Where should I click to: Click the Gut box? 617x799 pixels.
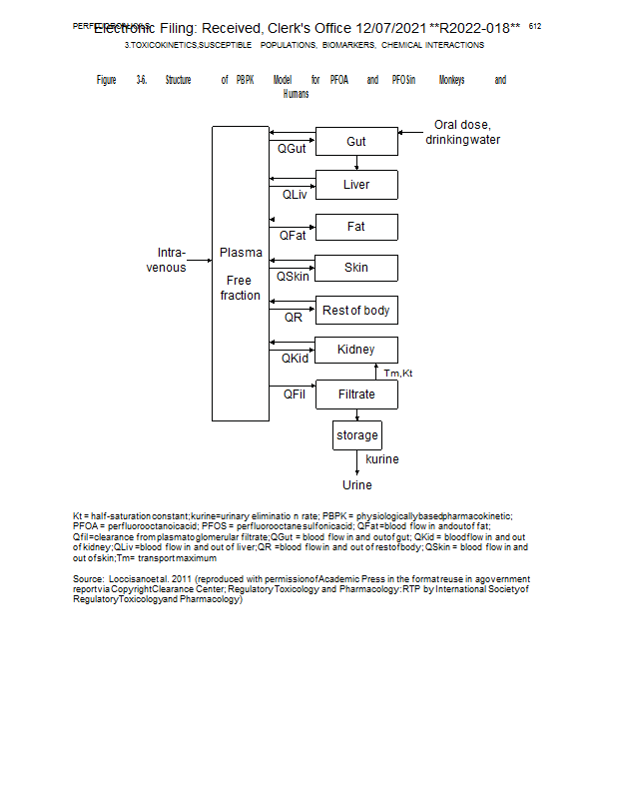click(356, 142)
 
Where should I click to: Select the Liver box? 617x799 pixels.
click(356, 185)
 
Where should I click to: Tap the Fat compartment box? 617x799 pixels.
click(356, 227)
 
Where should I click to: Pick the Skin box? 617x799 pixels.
click(356, 268)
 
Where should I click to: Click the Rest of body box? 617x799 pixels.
click(356, 311)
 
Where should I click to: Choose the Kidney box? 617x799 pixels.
click(356, 350)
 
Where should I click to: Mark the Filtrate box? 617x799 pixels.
click(356, 395)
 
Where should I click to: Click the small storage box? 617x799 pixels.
click(356, 435)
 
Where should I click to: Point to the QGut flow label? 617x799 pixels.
click(293, 150)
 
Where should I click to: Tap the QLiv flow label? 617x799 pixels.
click(295, 194)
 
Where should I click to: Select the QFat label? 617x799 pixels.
click(293, 236)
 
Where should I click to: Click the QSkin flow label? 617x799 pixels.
click(294, 277)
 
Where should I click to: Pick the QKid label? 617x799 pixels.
click(295, 359)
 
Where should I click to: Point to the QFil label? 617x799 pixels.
click(294, 395)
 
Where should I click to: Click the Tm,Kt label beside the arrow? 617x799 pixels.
click(397, 373)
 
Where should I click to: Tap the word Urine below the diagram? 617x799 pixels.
click(357, 485)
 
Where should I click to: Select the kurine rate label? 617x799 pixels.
click(382, 459)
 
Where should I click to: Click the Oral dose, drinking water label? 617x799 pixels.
click(462, 133)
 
